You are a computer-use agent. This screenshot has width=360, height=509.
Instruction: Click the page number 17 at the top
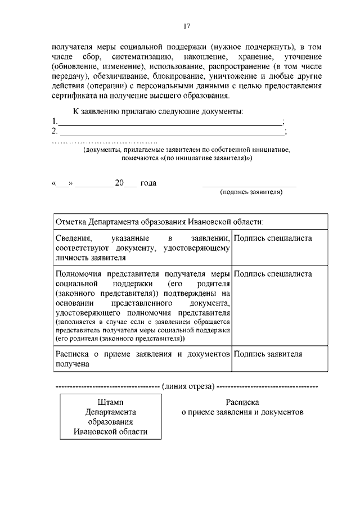point(187,25)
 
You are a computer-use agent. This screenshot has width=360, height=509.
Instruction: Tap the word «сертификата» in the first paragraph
point(73,96)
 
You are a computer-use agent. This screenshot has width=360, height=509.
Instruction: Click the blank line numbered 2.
point(172,133)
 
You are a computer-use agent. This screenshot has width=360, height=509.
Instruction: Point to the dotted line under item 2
point(105,142)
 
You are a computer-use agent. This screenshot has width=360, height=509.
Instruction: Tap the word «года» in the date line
point(148,183)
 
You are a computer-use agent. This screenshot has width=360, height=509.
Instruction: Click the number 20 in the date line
point(119,183)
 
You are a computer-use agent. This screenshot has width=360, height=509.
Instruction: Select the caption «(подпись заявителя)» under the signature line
point(251,192)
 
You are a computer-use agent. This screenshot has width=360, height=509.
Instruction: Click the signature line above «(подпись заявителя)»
point(249,186)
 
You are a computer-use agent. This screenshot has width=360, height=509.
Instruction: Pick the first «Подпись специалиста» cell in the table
point(273,238)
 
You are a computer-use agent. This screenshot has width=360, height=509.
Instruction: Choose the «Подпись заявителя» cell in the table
point(268,354)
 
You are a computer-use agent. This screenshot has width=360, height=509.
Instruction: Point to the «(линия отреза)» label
point(187,386)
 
